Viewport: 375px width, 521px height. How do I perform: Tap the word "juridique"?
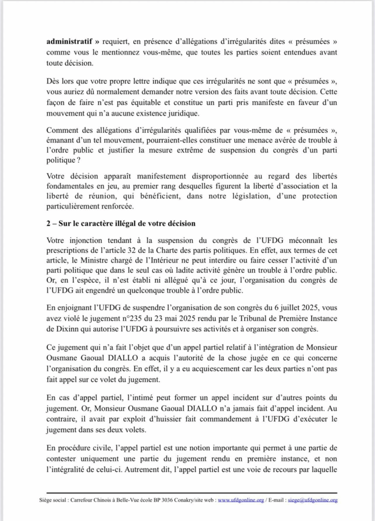182,112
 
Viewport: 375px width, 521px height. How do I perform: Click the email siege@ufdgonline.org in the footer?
313,500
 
